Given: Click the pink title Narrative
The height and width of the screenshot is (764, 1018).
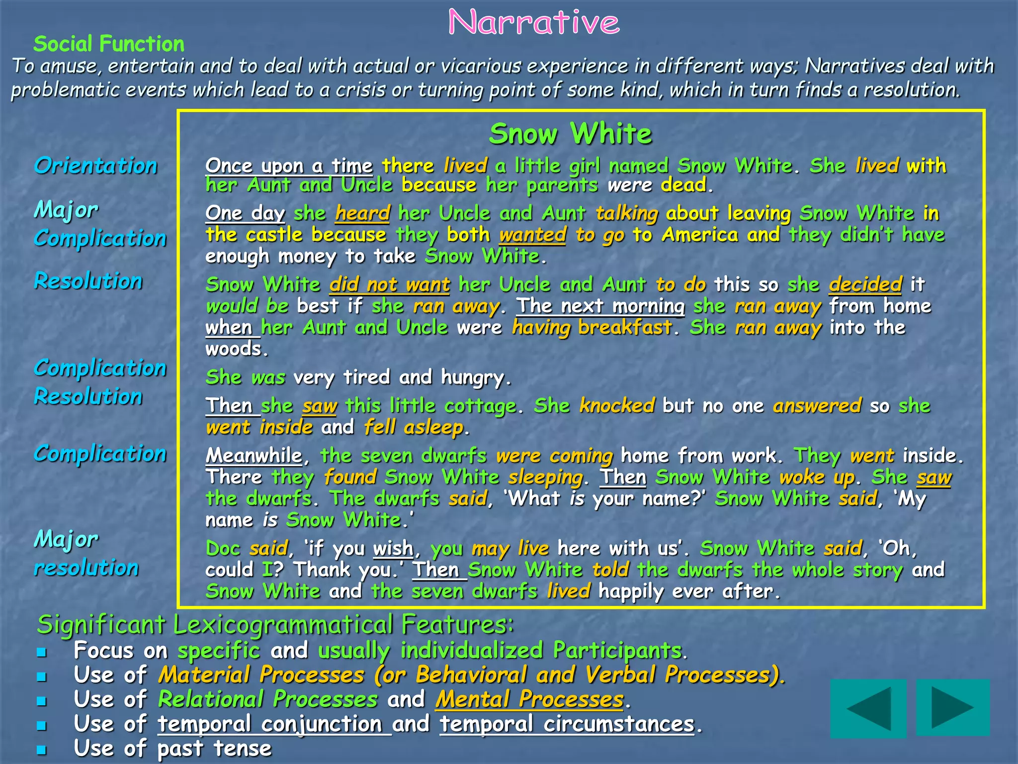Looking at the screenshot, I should (534, 22).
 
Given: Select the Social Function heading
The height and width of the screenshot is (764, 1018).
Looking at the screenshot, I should (109, 44).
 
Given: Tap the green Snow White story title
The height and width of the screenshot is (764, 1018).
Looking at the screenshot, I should (570, 134).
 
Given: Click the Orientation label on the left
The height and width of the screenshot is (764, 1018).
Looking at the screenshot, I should (95, 166).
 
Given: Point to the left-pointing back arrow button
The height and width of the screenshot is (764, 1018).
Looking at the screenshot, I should (868, 707).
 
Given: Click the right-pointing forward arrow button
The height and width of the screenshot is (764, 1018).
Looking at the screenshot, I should (952, 707).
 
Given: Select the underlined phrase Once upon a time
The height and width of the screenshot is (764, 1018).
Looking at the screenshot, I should (289, 166).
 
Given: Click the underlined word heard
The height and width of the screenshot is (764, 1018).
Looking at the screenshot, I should (362, 213).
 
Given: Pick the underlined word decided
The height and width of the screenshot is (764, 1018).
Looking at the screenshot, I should (865, 285).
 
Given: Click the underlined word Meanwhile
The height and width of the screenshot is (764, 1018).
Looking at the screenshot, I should (254, 456).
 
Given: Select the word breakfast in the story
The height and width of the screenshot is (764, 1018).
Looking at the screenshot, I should (625, 328).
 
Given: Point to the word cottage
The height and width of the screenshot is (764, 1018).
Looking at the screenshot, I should (480, 406).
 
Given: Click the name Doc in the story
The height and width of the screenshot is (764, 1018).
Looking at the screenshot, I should (223, 549).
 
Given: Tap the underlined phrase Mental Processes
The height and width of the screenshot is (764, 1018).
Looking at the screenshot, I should (529, 699).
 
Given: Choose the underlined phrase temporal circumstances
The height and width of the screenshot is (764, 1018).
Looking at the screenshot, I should (567, 724).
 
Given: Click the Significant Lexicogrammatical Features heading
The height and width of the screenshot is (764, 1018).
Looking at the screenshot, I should (275, 624).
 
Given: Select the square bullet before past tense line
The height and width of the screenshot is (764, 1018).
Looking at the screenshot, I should (42, 750).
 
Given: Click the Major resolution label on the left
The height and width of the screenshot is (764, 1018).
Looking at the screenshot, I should (86, 553).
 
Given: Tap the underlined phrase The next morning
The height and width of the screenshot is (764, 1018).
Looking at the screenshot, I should (600, 306).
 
